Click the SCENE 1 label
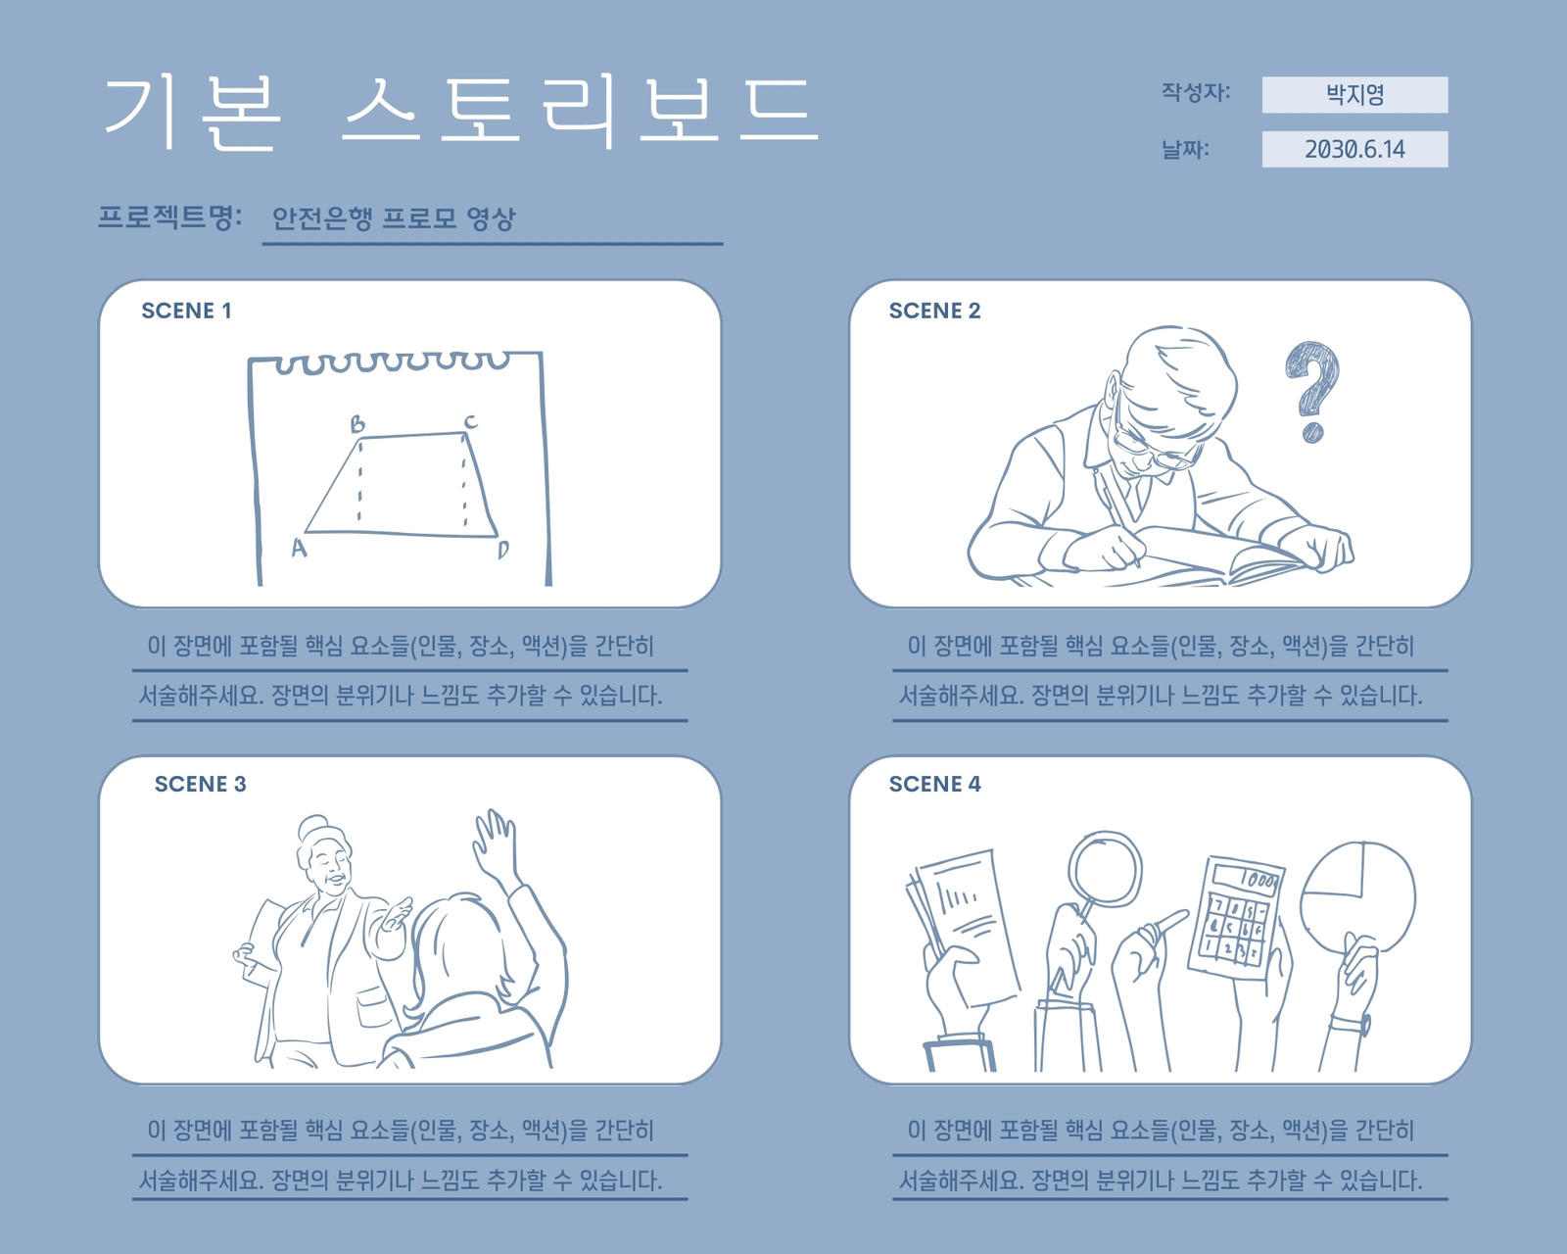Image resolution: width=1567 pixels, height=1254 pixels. click(x=186, y=311)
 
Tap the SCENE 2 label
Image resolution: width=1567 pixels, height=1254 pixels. click(x=934, y=311)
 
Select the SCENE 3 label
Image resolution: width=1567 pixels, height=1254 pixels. click(x=200, y=784)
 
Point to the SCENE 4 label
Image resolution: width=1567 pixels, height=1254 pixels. click(x=934, y=784)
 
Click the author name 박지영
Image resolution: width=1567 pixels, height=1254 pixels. click(x=1354, y=95)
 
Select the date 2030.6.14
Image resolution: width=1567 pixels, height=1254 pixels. click(x=1354, y=149)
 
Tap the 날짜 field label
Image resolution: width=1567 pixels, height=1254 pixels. click(x=1185, y=149)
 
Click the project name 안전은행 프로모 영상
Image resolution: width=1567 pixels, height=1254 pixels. click(x=393, y=217)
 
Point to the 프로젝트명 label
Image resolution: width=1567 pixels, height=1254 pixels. click(x=169, y=217)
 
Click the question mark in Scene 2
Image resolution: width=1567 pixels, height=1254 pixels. click(x=1313, y=392)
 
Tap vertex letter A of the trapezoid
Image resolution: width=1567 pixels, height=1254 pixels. click(x=299, y=548)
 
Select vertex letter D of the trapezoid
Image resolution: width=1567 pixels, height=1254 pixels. click(x=503, y=549)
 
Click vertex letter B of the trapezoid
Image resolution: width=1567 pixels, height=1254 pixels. click(x=356, y=423)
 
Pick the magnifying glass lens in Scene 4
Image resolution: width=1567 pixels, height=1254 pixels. click(x=1106, y=869)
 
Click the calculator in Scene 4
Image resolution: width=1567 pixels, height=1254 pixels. click(x=1236, y=918)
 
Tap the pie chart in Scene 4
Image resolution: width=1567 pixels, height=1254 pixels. click(x=1358, y=897)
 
